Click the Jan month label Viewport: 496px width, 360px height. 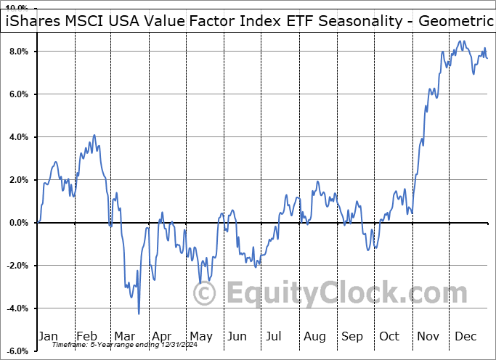click(48, 336)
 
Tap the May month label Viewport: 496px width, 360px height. click(200, 336)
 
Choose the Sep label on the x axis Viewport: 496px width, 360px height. click(352, 336)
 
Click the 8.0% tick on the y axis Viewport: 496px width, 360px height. click(18, 52)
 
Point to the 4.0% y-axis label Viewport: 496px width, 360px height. click(18, 137)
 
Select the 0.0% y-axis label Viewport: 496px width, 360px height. click(18, 223)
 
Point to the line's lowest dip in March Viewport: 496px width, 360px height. click(139, 314)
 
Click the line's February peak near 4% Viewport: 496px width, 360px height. click(94, 135)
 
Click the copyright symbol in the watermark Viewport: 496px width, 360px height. click(205, 294)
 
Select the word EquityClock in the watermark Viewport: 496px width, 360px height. click(320, 294)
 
